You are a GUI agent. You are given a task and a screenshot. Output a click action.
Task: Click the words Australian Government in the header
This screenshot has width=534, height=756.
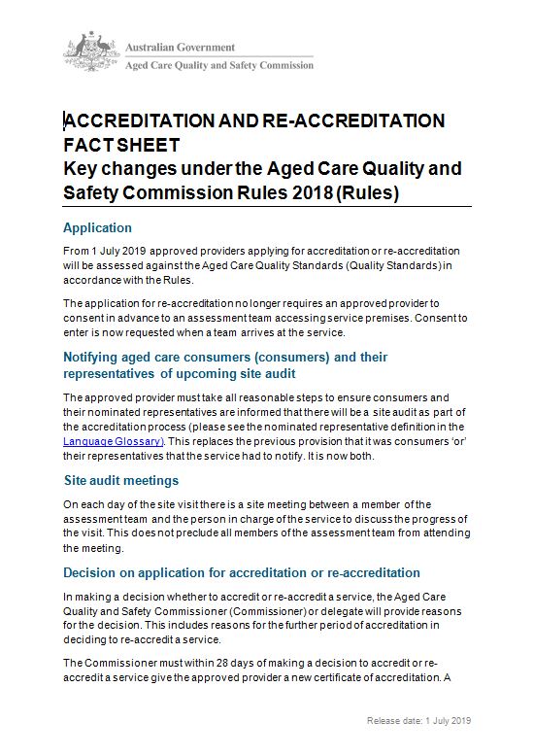(180, 46)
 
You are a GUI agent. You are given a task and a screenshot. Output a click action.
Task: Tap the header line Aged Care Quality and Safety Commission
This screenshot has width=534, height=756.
(219, 65)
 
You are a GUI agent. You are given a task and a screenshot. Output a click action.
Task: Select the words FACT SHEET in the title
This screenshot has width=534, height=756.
(121, 145)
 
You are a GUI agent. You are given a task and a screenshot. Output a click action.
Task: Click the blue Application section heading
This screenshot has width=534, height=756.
(97, 228)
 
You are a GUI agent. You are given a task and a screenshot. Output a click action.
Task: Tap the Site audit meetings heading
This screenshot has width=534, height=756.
(121, 481)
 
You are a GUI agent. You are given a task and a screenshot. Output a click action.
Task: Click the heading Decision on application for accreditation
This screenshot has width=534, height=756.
(242, 572)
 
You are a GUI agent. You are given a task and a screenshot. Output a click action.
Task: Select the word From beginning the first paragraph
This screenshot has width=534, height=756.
(75, 251)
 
